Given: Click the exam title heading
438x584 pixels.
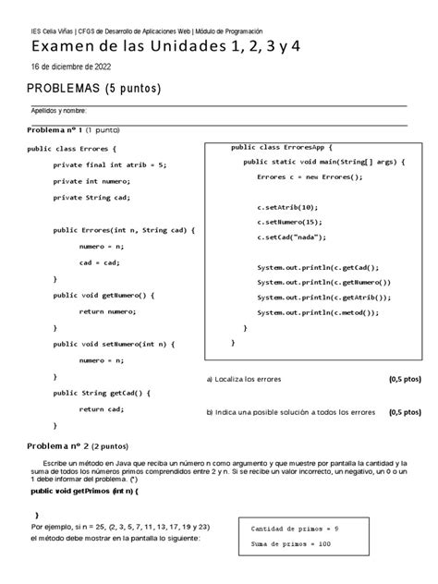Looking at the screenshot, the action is coord(165,46).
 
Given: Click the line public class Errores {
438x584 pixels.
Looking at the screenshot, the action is coord(72,148).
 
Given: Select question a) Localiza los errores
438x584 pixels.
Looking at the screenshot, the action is coord(244,380).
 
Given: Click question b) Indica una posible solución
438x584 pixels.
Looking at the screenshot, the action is coord(290,412).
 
